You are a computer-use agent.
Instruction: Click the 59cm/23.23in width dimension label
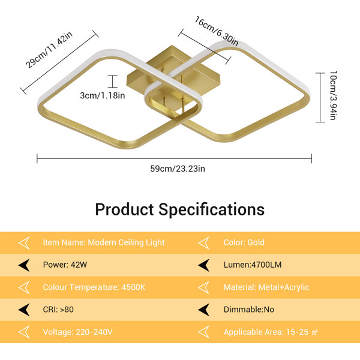click(x=178, y=169)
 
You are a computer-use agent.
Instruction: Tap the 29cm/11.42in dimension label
click(x=49, y=50)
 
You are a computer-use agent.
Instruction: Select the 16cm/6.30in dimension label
click(x=216, y=31)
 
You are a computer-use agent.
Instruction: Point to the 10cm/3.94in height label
click(x=333, y=95)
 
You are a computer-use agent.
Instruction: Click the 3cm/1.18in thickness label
click(x=103, y=95)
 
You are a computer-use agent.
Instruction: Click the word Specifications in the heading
click(x=211, y=209)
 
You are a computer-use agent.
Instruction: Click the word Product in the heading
click(x=124, y=209)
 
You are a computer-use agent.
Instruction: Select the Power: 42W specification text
click(x=65, y=265)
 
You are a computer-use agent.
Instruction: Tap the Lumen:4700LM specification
click(x=253, y=265)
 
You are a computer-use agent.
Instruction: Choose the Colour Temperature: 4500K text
click(x=94, y=287)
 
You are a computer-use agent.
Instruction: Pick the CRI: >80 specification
click(x=58, y=310)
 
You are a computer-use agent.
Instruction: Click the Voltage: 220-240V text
click(x=77, y=332)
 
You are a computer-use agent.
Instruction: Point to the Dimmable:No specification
click(x=249, y=310)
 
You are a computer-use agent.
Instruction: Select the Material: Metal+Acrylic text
click(x=266, y=287)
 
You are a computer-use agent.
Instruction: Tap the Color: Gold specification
click(x=244, y=242)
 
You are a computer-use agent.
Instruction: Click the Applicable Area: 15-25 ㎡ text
click(x=271, y=332)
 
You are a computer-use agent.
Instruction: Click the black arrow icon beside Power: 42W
click(x=24, y=265)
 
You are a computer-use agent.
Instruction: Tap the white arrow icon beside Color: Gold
click(x=204, y=243)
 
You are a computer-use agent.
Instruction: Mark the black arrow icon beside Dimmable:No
click(x=204, y=310)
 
